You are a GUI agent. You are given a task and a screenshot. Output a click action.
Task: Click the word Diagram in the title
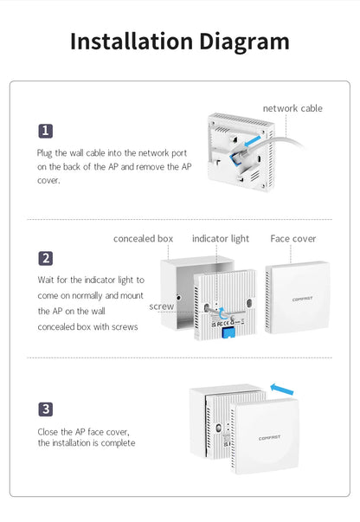[244, 41]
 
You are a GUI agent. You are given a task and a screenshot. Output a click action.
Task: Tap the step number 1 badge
[46, 131]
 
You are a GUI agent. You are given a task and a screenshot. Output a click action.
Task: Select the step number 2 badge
[46, 258]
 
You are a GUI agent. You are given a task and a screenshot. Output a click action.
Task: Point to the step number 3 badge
[46, 409]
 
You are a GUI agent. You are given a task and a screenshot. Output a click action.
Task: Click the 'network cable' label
[292, 108]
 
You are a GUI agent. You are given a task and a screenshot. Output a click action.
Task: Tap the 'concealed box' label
[144, 238]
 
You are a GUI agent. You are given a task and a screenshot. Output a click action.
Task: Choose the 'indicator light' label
[220, 238]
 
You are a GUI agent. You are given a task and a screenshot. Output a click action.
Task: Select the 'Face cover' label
[293, 238]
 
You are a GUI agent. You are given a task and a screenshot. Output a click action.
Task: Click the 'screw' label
[161, 306]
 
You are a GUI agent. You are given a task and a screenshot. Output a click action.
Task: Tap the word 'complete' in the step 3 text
[118, 443]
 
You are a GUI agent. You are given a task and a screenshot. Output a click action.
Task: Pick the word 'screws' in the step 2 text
[122, 327]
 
